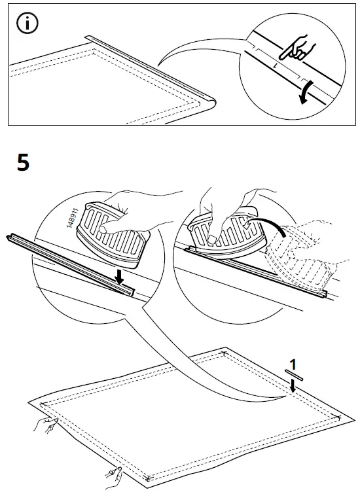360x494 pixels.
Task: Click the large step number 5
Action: (23, 162)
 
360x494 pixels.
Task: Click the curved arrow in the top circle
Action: (305, 92)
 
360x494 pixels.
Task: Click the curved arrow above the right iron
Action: (270, 226)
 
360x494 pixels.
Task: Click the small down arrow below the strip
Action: (293, 387)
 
